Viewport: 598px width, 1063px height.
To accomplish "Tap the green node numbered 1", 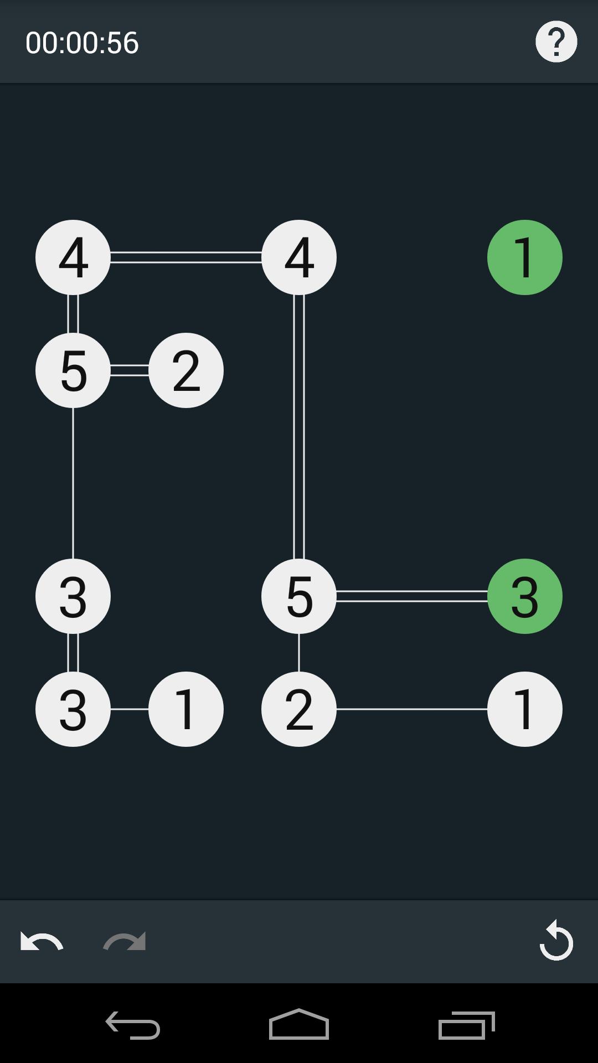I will point(524,257).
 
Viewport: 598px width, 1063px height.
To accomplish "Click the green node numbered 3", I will point(524,596).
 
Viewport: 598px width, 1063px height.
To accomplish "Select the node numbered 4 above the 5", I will point(73,257).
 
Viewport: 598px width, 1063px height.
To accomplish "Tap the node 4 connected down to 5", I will point(299,257).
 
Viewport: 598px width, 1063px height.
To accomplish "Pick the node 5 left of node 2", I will point(73,370).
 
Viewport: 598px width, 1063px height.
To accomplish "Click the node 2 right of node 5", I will point(186,370).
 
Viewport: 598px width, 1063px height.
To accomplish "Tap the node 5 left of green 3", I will point(299,596).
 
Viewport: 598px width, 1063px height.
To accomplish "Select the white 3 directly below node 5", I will point(73,596).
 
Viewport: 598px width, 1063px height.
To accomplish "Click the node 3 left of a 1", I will point(73,709).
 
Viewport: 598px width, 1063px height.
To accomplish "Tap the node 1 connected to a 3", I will point(186,709).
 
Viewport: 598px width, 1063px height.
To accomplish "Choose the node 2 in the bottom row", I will point(299,709).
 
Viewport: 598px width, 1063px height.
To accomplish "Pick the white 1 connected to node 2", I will point(524,709).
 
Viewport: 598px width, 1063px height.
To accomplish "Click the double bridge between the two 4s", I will point(186,257).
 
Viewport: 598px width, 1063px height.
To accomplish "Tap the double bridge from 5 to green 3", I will point(412,596).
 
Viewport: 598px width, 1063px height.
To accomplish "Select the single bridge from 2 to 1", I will point(412,709).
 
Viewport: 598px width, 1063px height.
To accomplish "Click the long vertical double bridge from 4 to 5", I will point(299,426).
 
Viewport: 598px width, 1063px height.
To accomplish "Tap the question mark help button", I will point(556,42).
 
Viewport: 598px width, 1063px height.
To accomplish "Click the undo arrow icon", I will point(42,941).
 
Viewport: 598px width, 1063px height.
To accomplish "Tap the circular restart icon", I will point(556,941).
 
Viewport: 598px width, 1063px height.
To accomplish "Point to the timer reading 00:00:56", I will point(82,43).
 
